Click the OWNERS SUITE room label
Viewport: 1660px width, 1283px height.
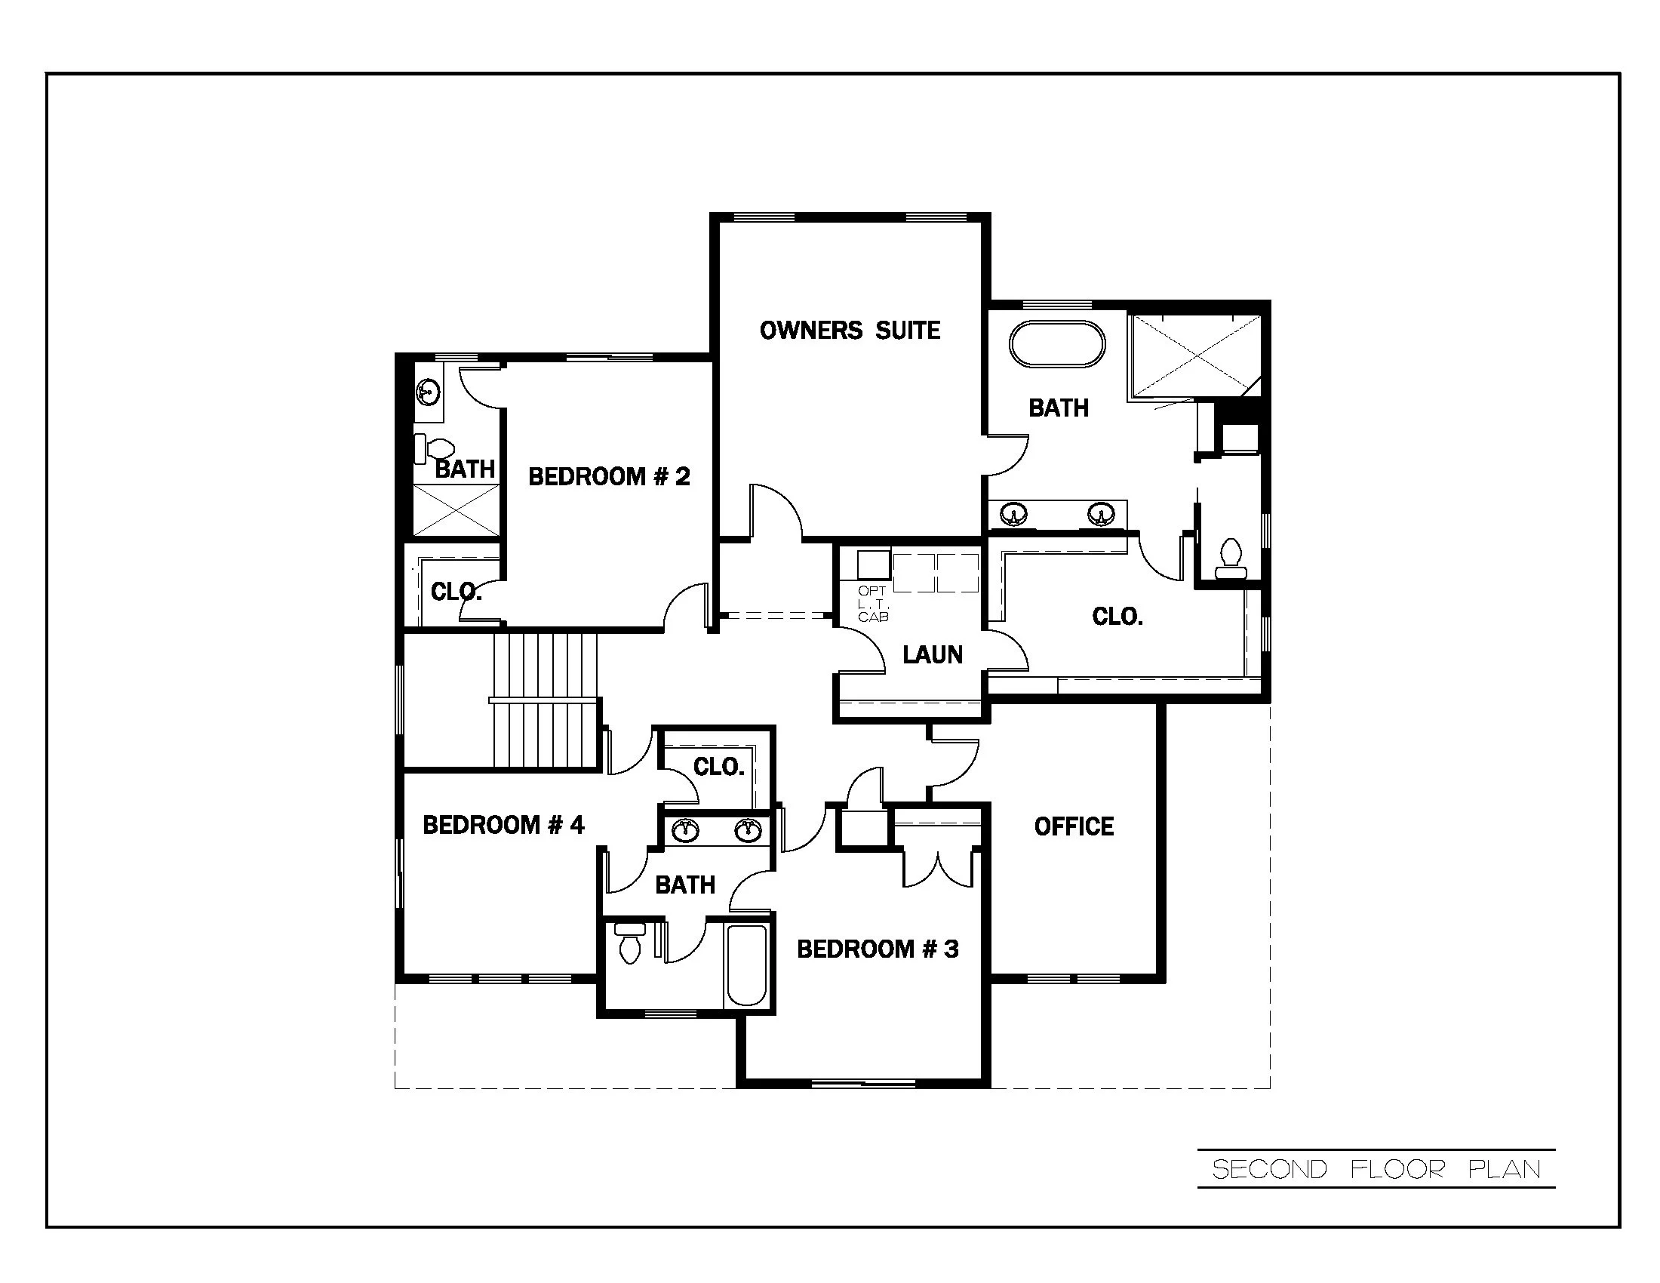pos(850,330)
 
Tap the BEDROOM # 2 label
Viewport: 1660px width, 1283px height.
pos(609,476)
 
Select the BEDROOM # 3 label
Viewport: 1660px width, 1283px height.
pos(877,949)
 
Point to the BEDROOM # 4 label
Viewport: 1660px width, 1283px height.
pos(503,825)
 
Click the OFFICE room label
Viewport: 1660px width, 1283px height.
pos(1073,826)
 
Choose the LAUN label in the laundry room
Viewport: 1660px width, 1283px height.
pos(932,654)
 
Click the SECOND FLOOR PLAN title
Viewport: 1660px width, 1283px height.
pos(1376,1169)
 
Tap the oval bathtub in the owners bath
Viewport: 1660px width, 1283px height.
pos(1056,345)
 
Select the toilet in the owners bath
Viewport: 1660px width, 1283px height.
pos(1230,558)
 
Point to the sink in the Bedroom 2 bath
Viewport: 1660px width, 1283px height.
pos(428,393)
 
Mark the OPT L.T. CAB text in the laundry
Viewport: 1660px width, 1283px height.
pos(872,605)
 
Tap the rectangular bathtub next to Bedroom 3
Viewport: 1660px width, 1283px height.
pos(746,965)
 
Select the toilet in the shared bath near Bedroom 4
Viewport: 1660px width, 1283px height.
pos(629,943)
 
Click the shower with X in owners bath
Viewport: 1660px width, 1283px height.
pos(1196,355)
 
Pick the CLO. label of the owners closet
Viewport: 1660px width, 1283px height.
pos(1117,617)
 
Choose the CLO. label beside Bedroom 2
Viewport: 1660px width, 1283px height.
pos(455,592)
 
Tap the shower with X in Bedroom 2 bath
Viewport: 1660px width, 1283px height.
pos(456,510)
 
